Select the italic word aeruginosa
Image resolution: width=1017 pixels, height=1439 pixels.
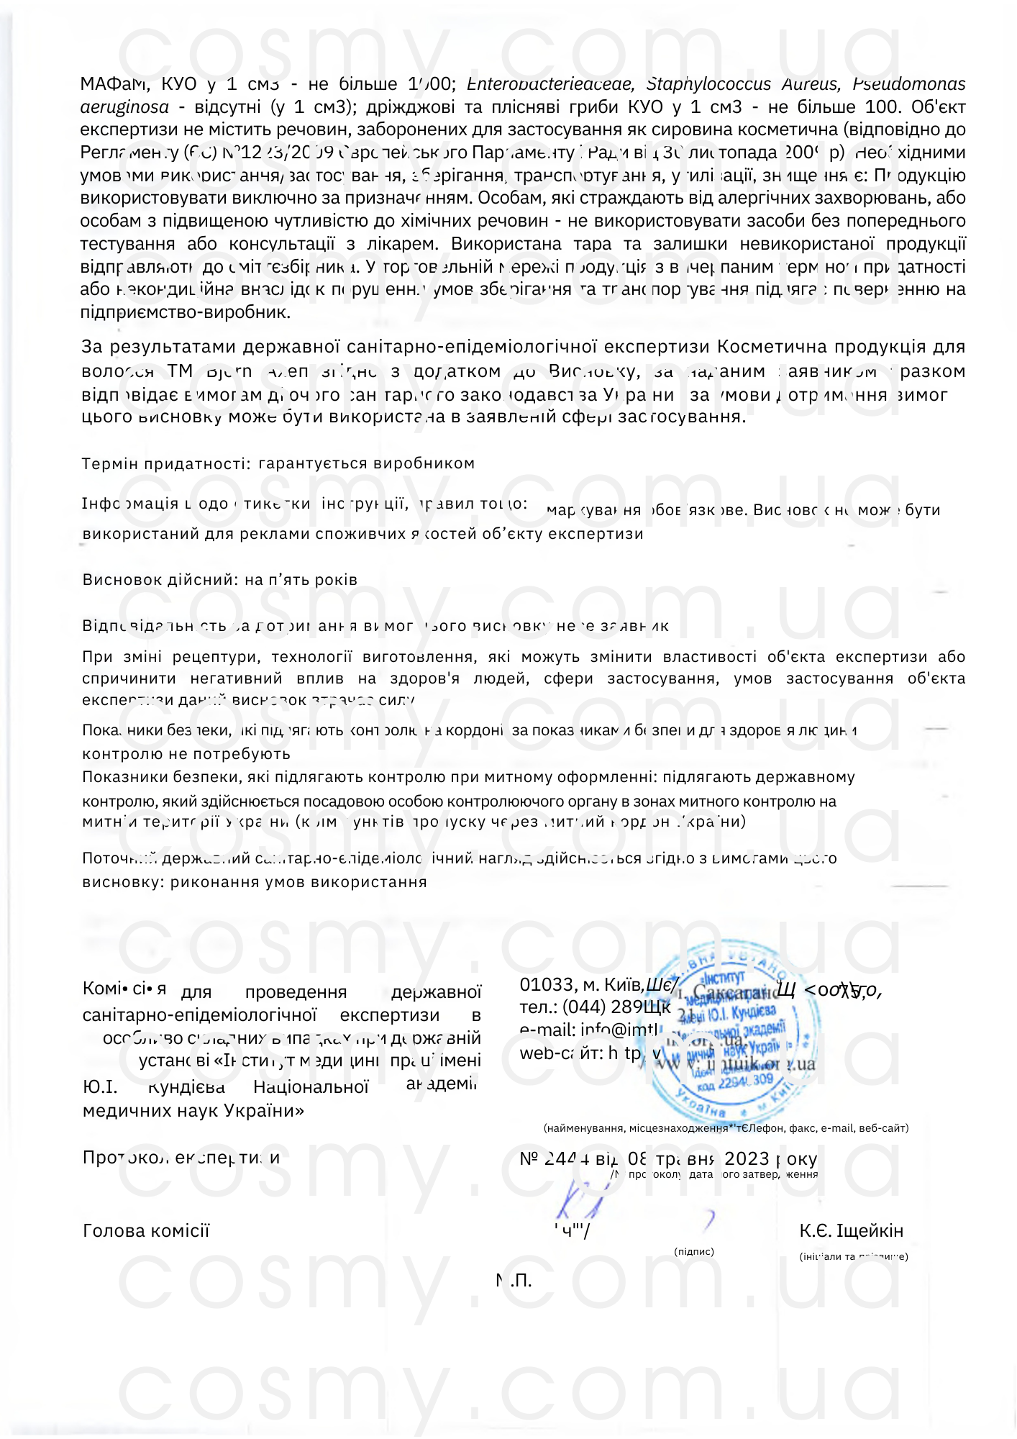124,107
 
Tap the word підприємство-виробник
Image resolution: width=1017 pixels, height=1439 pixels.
186,312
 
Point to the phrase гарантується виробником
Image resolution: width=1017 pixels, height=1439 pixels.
366,463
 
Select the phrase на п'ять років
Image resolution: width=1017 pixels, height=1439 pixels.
301,580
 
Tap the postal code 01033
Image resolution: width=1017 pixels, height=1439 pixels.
547,985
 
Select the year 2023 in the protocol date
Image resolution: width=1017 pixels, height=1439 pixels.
747,1158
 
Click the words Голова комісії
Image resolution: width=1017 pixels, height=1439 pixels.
146,1231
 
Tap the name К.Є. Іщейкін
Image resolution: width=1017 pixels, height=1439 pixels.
851,1231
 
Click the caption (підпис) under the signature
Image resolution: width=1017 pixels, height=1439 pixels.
694,1252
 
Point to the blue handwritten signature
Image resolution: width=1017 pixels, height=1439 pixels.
579,1198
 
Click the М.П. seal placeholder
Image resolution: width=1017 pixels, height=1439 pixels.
514,1281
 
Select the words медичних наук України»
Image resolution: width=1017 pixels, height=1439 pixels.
193,1110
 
